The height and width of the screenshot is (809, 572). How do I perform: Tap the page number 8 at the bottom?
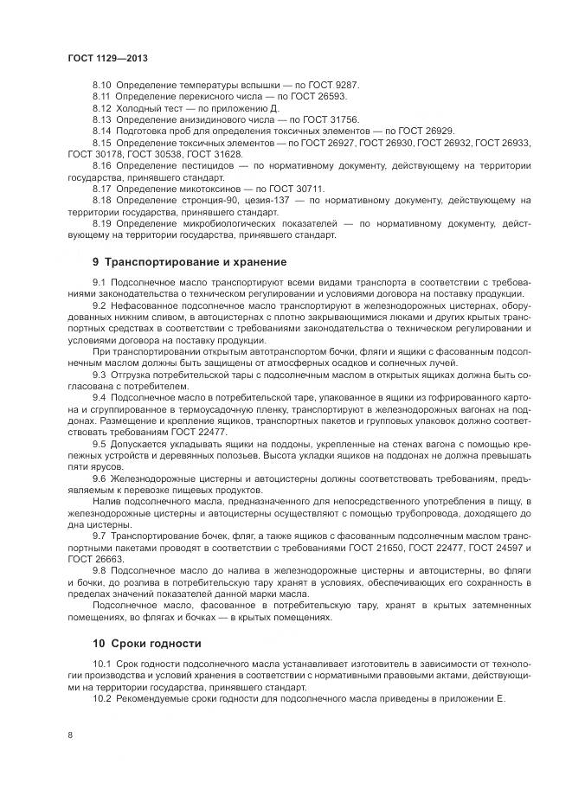tap(69, 736)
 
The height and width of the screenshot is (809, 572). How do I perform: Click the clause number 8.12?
tap(102, 108)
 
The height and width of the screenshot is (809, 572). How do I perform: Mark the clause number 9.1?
tap(98, 283)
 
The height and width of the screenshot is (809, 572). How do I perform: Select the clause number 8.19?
tap(102, 222)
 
